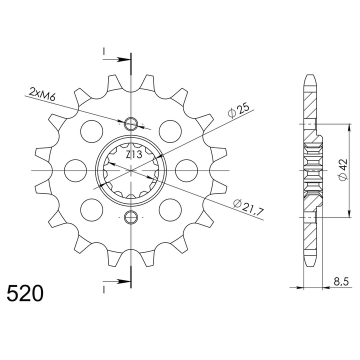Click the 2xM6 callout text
[42, 94]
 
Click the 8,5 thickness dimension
[341, 281]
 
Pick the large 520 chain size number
[25, 293]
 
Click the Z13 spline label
[134, 154]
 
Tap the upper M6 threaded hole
[131, 124]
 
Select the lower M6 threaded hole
[131, 217]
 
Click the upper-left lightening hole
[91, 131]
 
